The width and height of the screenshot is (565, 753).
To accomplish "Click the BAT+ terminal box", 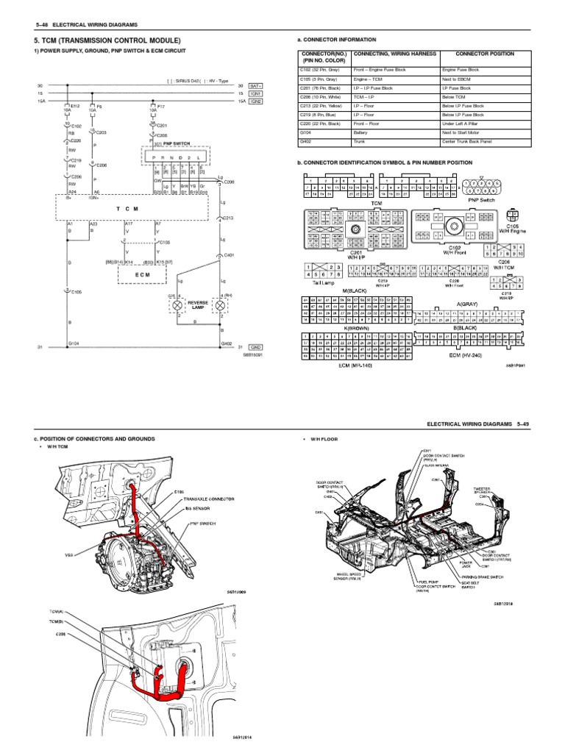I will pyautogui.click(x=256, y=86).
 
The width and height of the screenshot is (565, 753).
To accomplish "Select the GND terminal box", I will pyautogui.click(x=256, y=346).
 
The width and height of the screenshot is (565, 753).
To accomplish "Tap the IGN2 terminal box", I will pyautogui.click(x=256, y=101).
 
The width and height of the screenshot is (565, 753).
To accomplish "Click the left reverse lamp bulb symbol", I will pyautogui.click(x=177, y=304).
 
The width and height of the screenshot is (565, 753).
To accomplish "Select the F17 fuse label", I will pyautogui.click(x=162, y=107).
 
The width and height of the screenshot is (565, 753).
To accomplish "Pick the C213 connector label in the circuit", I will pyautogui.click(x=229, y=218).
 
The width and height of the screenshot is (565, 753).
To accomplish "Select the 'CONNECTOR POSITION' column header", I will pyautogui.click(x=485, y=54).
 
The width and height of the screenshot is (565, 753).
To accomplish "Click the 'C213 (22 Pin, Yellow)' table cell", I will pyautogui.click(x=321, y=105).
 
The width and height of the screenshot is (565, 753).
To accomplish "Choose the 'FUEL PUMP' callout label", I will pyautogui.click(x=426, y=581).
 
